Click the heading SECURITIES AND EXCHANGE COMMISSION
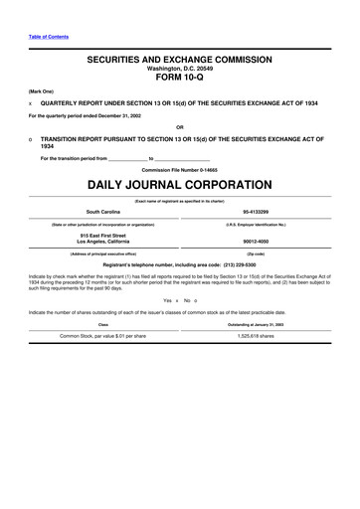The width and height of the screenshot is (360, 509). point(180,61)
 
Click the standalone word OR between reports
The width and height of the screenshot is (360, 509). point(179,126)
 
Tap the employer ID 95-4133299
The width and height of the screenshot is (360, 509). point(260,212)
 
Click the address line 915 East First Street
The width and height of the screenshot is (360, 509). point(103,235)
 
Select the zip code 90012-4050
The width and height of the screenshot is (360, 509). point(260,241)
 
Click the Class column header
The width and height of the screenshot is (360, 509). point(102,324)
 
